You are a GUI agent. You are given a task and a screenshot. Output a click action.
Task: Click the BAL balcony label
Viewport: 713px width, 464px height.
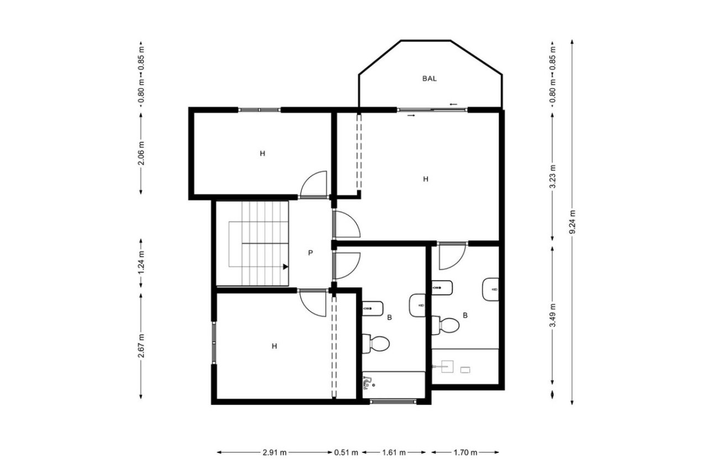429,78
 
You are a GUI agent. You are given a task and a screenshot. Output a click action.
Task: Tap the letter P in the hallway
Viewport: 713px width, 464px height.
311,253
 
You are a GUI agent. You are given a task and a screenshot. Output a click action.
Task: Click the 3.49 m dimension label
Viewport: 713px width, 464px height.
552,316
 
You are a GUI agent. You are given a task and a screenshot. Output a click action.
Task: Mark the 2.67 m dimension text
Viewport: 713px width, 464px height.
141,346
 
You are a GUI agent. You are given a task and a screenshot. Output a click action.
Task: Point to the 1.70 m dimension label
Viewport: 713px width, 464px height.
465,452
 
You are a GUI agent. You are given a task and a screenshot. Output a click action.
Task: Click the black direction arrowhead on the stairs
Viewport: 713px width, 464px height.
285,266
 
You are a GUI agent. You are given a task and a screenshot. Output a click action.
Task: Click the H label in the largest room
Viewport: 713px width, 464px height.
426,179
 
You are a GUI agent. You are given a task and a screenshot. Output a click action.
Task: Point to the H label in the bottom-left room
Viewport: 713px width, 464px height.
274,346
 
